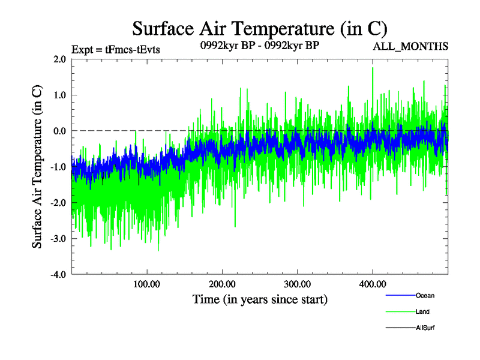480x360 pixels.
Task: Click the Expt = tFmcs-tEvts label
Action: coord(115,50)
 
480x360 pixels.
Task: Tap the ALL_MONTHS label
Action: coord(410,46)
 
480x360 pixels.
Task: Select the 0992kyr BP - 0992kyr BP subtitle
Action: coord(259,45)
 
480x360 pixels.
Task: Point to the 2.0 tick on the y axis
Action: coord(59,59)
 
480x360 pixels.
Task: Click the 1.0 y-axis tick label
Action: coord(59,95)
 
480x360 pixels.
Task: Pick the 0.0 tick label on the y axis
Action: coord(59,131)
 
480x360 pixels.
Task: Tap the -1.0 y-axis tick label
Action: coord(58,167)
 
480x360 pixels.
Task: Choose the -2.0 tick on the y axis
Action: coord(58,203)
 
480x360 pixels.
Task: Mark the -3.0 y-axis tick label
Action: coord(58,239)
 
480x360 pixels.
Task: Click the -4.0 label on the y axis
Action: coord(58,275)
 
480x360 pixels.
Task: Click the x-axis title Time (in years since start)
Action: coord(260,299)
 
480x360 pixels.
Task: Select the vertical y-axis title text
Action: coord(37,167)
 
